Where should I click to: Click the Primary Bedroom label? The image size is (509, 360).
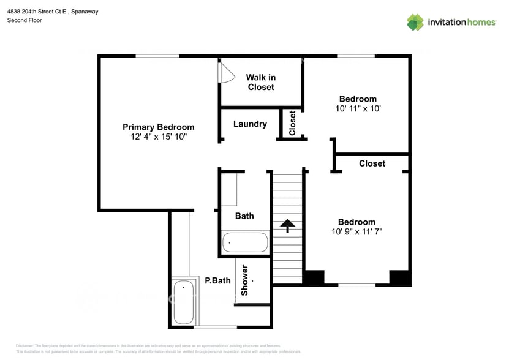tap(158, 127)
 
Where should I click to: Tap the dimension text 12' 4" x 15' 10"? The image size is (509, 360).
tap(158, 137)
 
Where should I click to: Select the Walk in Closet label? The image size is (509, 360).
tap(261, 82)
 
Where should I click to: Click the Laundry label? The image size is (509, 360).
tap(250, 124)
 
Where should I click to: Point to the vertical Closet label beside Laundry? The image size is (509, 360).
tap(292, 123)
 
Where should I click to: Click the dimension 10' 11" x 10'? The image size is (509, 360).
tap(358, 108)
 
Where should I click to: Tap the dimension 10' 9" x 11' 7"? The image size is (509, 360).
tap(357, 231)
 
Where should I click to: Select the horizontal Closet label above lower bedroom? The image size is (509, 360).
tap(372, 163)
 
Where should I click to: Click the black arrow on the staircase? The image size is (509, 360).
tap(287, 225)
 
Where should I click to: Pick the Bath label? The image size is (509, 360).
tap(244, 216)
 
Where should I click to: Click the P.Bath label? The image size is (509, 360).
tap(217, 281)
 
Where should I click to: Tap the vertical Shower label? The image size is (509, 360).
tap(244, 281)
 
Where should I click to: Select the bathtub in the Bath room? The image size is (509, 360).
tap(244, 242)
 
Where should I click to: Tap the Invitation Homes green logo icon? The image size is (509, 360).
tap(415, 22)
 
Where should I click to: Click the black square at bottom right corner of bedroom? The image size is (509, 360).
tap(400, 277)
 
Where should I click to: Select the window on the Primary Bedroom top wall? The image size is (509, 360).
tap(157, 56)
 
